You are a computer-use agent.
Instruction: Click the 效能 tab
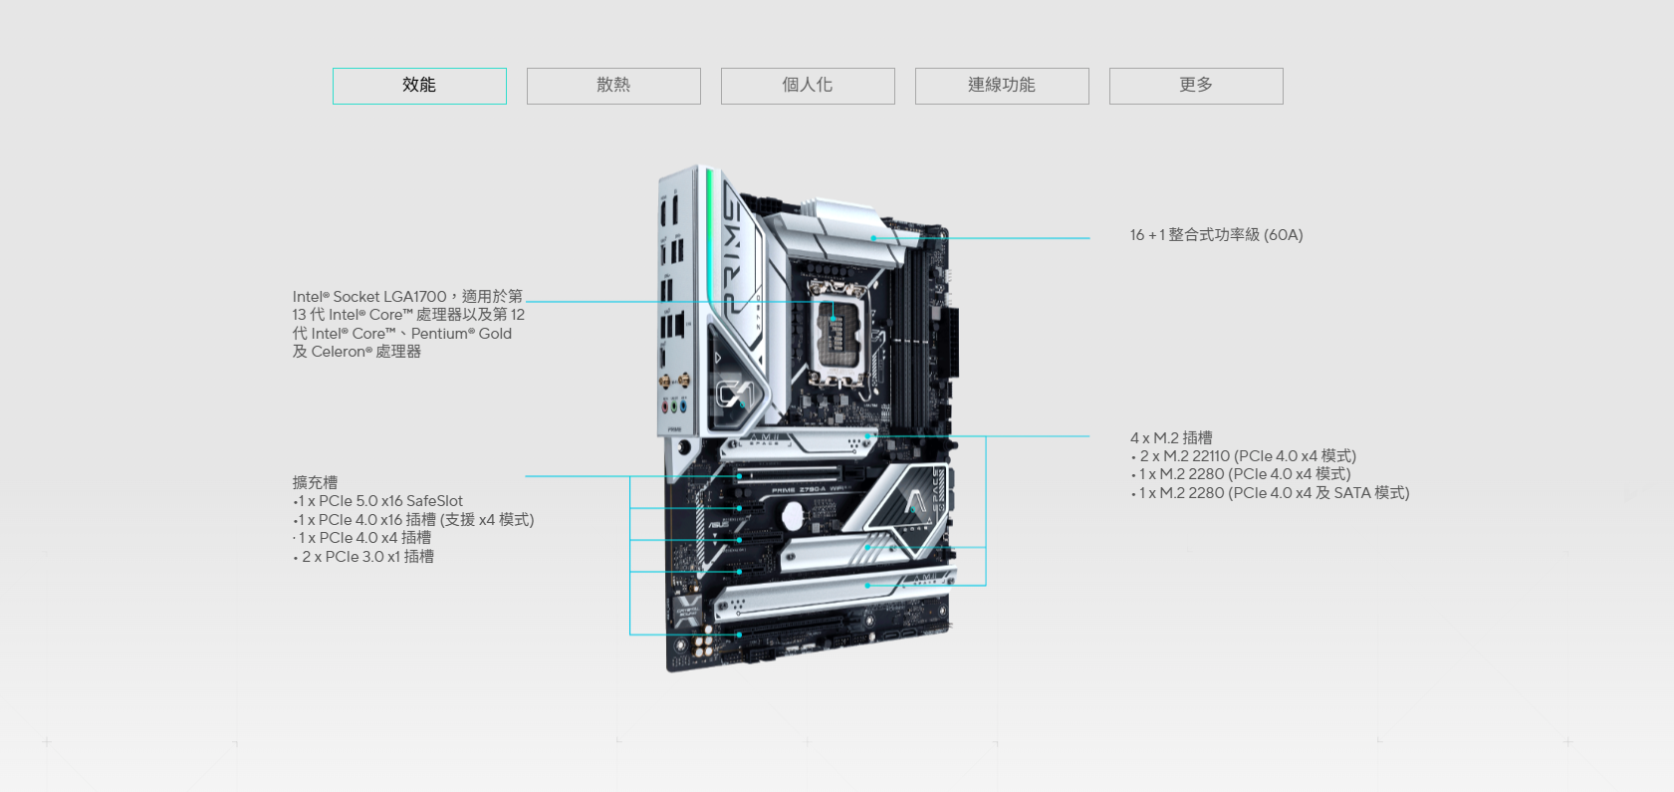[419, 86]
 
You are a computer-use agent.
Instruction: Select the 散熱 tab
[613, 86]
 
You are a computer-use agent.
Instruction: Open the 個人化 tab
[808, 86]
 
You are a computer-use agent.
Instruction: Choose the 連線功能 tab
[1002, 86]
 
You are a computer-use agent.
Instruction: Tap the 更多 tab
[1196, 86]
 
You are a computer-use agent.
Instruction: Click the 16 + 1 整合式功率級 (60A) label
[1217, 235]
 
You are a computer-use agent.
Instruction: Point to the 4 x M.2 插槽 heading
[1171, 437]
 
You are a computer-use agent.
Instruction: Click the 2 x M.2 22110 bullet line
[1244, 456]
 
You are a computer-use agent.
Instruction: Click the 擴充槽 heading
[315, 482]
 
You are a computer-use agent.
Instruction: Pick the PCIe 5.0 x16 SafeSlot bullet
[378, 501]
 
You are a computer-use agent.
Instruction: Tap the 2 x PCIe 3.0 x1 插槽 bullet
[363, 557]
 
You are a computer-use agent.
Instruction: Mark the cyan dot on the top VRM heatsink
[873, 238]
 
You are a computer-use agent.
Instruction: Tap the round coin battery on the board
[792, 514]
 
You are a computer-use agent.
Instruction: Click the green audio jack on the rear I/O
[674, 406]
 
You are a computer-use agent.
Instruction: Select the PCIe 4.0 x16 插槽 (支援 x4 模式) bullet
[413, 520]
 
